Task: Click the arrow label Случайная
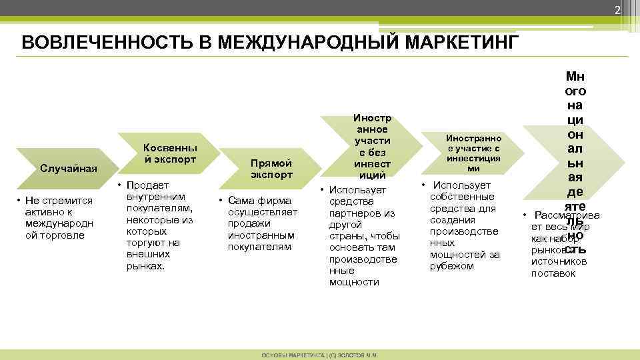[69, 167]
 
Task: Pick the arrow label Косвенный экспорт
[171, 153]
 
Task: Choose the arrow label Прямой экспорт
[271, 169]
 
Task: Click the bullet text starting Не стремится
[60, 200]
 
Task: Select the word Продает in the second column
[143, 185]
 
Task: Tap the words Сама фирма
[259, 200]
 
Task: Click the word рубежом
[451, 266]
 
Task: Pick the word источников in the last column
[558, 262]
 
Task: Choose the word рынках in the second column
[145, 266]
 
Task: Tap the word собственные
[463, 197]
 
